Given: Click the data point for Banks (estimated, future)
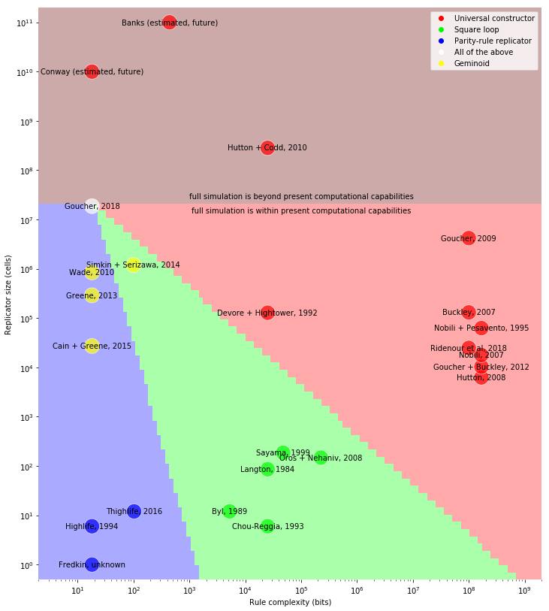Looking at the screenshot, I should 170,23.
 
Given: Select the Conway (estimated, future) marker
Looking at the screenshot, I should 92,71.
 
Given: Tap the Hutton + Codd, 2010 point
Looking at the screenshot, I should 267,147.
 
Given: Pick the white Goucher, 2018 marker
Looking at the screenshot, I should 92,206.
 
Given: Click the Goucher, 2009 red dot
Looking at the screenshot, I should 469,238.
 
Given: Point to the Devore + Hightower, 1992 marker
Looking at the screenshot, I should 267,313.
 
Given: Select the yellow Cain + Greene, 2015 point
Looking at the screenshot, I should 92,346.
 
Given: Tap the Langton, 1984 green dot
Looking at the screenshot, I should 267,469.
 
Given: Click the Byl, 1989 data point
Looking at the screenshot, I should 229,511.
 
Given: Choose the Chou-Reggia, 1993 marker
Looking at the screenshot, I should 267,526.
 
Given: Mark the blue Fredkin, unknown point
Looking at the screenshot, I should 92,564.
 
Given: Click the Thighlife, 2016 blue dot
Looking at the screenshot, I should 134,511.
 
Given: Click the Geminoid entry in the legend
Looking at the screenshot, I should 472,63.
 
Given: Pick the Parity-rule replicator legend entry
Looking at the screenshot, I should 493,41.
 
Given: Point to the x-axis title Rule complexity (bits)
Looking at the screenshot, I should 290,602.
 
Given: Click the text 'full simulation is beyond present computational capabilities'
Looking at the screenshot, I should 301,196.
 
